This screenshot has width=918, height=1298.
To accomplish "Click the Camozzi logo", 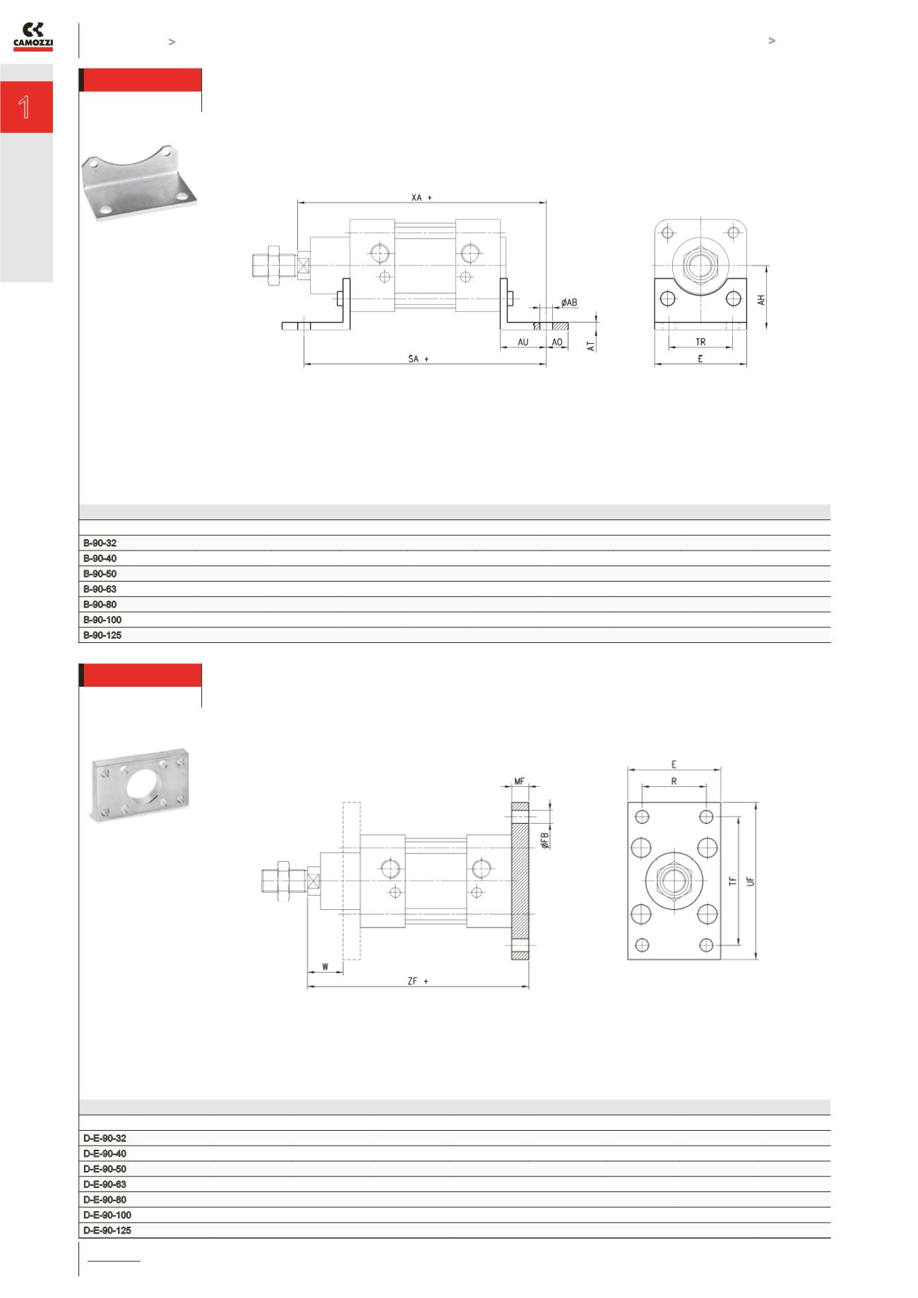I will click(x=33, y=37).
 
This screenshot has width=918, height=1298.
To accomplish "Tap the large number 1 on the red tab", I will click(x=25, y=107).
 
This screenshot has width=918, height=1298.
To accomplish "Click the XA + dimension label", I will click(x=422, y=198).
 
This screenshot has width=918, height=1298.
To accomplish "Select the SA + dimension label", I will click(x=418, y=359).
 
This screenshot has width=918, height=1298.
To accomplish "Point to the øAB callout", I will click(x=569, y=303).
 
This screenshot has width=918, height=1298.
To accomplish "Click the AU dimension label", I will click(x=523, y=342).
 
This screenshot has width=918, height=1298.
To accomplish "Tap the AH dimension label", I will click(x=761, y=299).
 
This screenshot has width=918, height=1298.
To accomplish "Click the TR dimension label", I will click(x=700, y=342).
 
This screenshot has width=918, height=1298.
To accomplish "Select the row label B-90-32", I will click(x=100, y=543).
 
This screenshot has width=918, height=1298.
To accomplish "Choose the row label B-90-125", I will click(x=102, y=635).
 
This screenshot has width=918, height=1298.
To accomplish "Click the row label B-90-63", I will click(x=100, y=589).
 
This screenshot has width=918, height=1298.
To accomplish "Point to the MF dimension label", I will click(x=520, y=781).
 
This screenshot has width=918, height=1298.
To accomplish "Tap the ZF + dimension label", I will click(x=418, y=981).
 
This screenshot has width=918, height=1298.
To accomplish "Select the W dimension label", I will click(x=325, y=966).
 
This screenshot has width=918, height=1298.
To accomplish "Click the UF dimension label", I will click(x=751, y=882).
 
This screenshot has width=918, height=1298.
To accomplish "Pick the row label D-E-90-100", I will click(x=107, y=1215).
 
